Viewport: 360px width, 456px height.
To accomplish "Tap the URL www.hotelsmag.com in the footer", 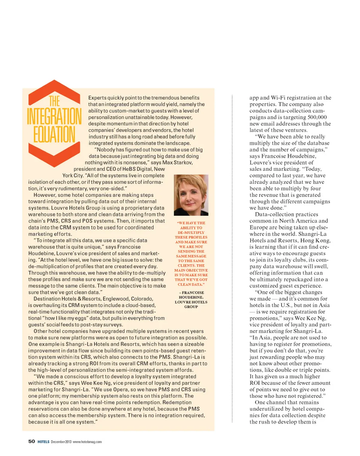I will [87, 441].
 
